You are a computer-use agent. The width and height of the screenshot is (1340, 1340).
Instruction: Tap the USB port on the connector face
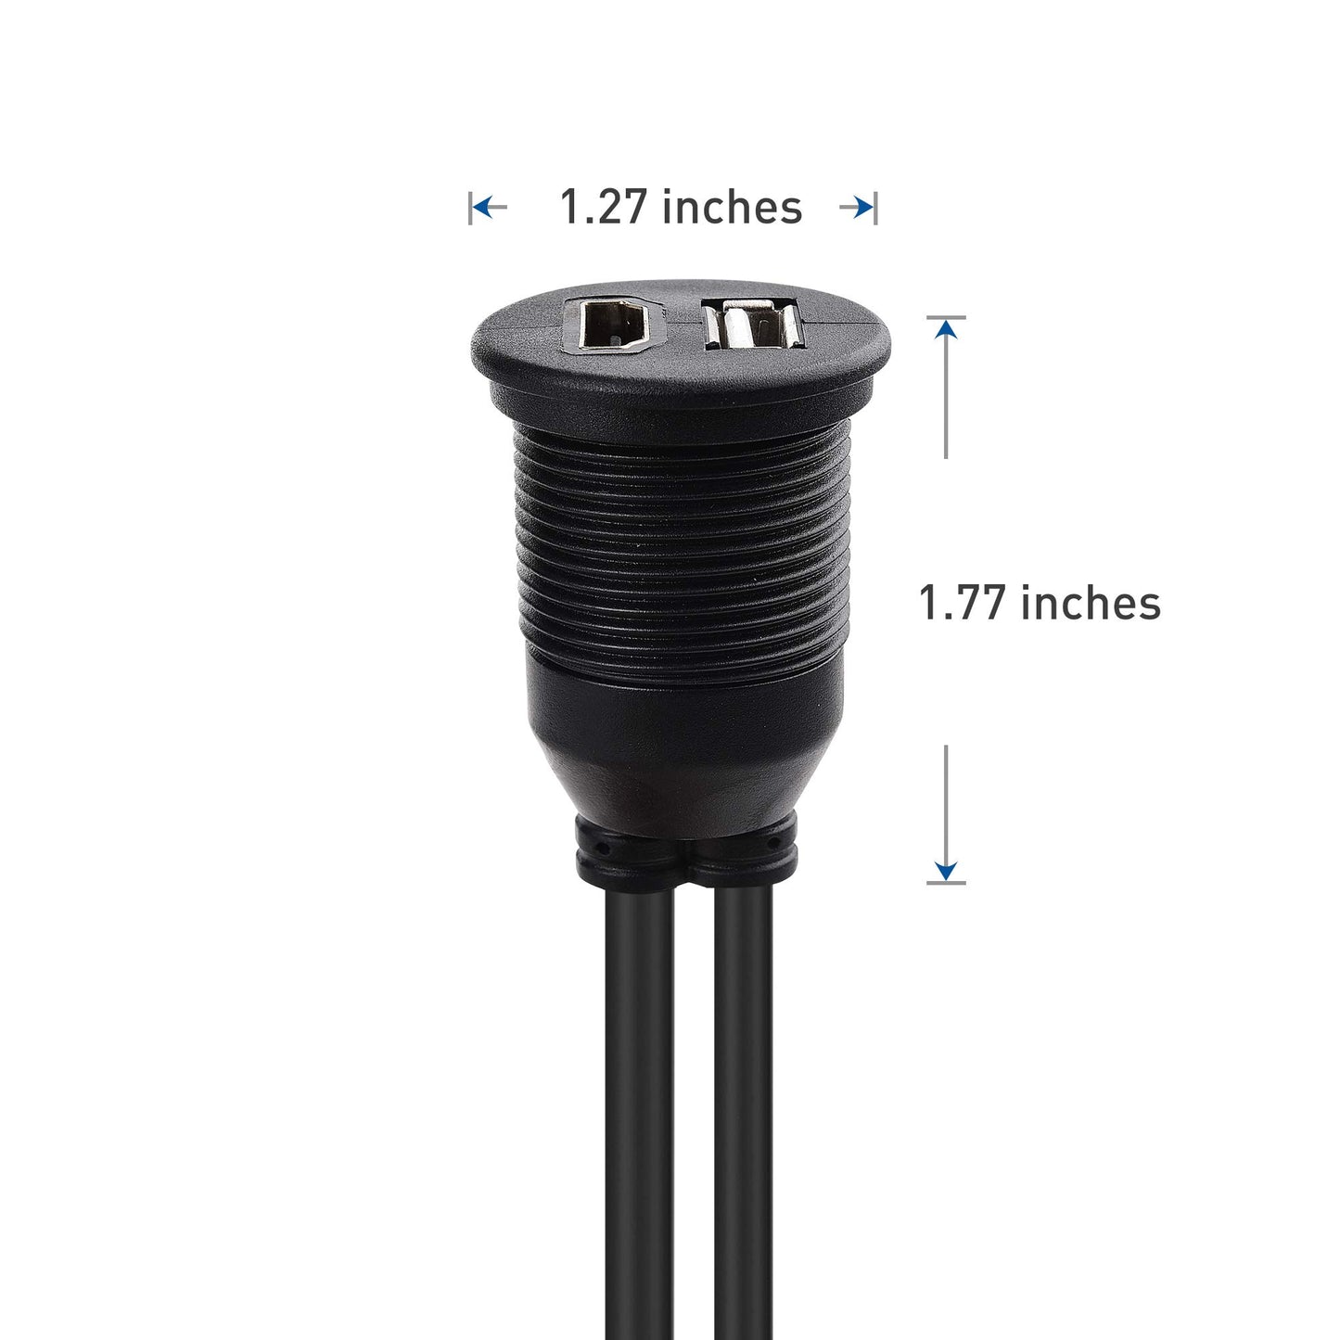[x=754, y=325]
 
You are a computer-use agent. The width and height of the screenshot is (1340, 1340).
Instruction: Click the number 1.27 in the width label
[x=602, y=207]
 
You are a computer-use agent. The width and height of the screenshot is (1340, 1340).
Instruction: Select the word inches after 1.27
[x=733, y=207]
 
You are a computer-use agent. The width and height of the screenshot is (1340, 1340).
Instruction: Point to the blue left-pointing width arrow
[x=491, y=207]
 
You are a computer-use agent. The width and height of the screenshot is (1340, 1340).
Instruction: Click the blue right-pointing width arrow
[x=856, y=207]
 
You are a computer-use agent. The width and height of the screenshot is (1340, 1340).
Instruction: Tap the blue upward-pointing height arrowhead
[x=946, y=328]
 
